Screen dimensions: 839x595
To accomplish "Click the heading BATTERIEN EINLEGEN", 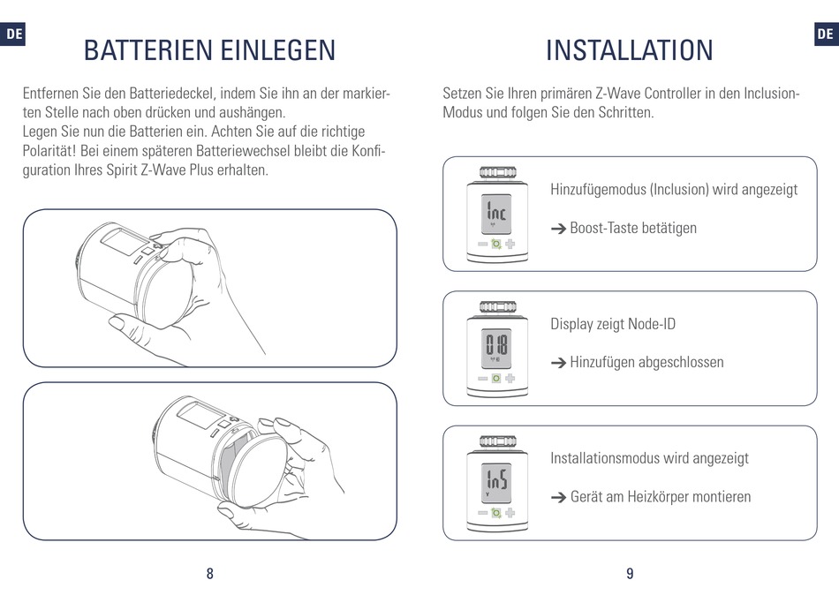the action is (210, 50).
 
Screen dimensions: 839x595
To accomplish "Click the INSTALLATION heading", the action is (629, 50).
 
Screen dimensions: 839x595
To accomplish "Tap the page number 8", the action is (210, 574).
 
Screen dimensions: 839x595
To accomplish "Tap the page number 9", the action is (630, 574).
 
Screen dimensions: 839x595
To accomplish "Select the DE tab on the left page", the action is (13, 34).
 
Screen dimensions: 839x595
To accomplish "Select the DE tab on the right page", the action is (826, 34).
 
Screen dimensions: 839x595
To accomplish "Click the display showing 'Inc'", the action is (496, 214).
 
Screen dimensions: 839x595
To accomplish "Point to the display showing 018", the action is (496, 349).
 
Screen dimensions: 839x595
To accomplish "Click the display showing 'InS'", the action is (496, 483).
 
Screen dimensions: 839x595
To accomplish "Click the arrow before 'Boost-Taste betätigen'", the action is (558, 229).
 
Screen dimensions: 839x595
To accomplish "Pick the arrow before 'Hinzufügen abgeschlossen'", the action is (558, 364).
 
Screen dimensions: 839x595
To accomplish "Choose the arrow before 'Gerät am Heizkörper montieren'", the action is (558, 498).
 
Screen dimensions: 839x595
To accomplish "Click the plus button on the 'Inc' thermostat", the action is (510, 244).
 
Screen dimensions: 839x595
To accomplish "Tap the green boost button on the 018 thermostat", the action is (496, 379).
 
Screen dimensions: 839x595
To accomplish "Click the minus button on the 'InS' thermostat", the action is (482, 513).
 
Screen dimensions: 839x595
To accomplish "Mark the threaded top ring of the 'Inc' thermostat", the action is (497, 172).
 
